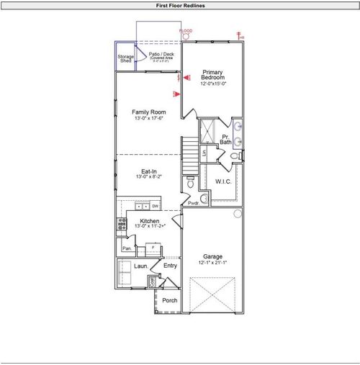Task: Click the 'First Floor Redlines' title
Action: pyautogui.click(x=179, y=5)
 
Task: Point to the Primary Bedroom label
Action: pyautogui.click(x=213, y=75)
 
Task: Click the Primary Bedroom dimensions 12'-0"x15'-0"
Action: pyautogui.click(x=213, y=84)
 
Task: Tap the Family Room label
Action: pyautogui.click(x=148, y=112)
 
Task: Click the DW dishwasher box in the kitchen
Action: pyautogui.click(x=155, y=206)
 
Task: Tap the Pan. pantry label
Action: pyautogui.click(x=127, y=248)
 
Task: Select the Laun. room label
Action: pyautogui.click(x=140, y=266)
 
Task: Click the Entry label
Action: pyautogui.click(x=170, y=266)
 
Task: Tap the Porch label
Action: pyautogui.click(x=169, y=300)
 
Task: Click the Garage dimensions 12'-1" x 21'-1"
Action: pyautogui.click(x=212, y=263)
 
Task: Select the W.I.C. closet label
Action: pyautogui.click(x=223, y=181)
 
